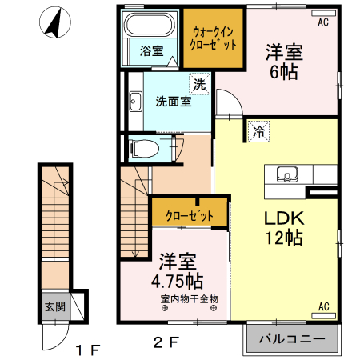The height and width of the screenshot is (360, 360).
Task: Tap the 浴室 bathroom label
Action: [151, 51]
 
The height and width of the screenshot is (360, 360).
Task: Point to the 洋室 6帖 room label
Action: [284, 62]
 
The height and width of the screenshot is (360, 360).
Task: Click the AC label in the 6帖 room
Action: [322, 22]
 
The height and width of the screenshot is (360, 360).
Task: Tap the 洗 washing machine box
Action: [198, 83]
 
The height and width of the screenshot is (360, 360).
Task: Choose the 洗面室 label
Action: [173, 102]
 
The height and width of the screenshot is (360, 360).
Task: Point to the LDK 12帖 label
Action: [283, 226]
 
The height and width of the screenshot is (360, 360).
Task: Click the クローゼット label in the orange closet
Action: [189, 215]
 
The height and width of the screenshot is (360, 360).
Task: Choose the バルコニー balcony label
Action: [291, 339]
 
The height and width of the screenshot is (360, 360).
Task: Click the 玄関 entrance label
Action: [54, 306]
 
